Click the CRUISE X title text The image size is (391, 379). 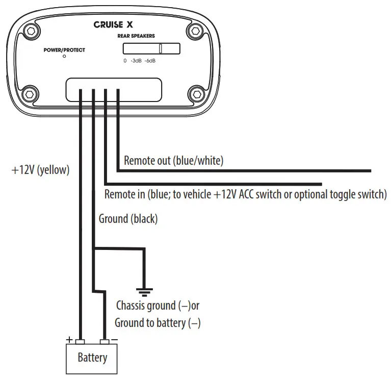click(113, 24)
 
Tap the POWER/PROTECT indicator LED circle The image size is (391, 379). click(64, 57)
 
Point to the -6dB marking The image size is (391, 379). click(150, 61)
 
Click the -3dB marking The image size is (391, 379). click(136, 61)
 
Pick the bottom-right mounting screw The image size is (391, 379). click(197, 94)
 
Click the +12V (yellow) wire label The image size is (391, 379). click(40, 170)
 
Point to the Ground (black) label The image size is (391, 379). click(128, 219)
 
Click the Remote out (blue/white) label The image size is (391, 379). click(174, 161)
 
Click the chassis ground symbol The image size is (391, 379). click(145, 292)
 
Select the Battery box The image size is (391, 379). click(92, 358)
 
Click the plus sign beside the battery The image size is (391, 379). click(68, 339)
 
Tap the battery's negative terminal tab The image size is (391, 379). click(105, 341)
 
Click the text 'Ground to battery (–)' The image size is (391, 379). click(157, 323)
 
